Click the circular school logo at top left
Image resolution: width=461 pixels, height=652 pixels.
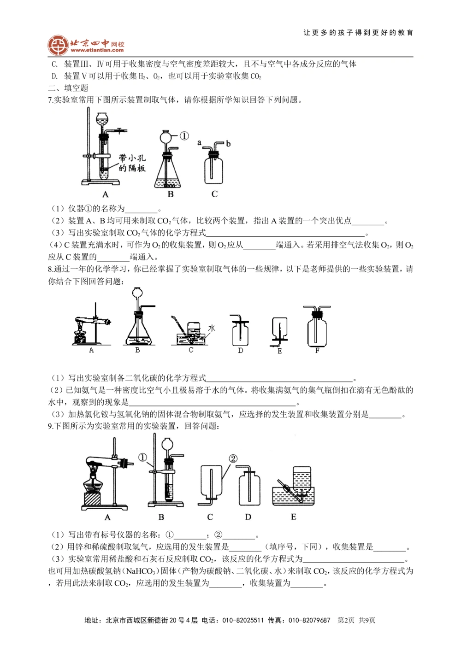(x=58, y=45)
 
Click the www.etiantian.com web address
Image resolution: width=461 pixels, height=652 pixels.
(x=97, y=51)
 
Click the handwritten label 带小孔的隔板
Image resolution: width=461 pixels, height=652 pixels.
(x=132, y=163)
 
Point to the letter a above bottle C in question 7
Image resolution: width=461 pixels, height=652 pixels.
(x=199, y=142)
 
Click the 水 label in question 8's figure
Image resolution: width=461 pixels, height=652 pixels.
(x=212, y=328)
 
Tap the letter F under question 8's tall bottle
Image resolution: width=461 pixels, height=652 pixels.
(x=317, y=351)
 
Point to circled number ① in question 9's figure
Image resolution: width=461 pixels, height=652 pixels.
(x=142, y=457)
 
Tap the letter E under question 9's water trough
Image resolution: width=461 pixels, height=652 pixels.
(x=293, y=517)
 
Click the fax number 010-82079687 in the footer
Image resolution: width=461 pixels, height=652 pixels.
(x=309, y=620)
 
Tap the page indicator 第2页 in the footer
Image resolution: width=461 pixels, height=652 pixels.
(x=346, y=620)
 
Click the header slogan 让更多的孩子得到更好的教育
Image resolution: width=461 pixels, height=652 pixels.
(x=358, y=33)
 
